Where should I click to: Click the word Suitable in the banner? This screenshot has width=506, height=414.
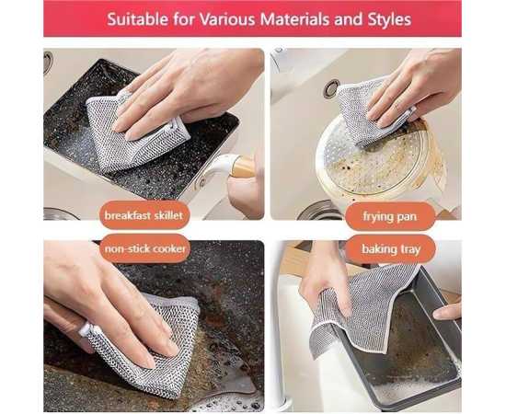coord(138,19)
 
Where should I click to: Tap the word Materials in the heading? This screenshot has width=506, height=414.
coord(294,19)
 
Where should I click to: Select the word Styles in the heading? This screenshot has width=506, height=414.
coord(389,20)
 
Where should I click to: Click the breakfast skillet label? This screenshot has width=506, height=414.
coord(144,215)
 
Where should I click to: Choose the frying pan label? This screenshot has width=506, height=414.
coord(390,216)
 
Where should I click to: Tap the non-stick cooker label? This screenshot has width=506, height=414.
coord(144,248)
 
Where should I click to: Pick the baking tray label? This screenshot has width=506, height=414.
coord(390,249)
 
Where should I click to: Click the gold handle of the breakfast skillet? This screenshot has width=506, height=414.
coord(241,167)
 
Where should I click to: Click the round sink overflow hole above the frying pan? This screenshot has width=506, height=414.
coord(331,88)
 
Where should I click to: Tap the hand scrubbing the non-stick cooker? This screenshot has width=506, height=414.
coord(103,300)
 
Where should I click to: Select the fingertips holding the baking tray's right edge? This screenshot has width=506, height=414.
coord(447,310)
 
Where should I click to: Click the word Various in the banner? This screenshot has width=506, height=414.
coord(227,19)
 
